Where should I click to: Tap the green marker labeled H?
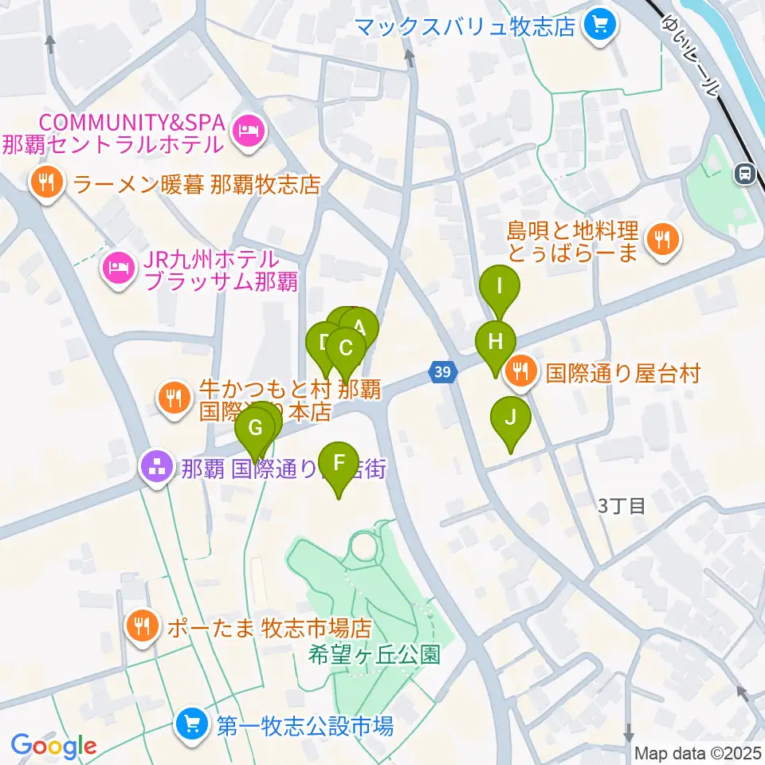(496, 343)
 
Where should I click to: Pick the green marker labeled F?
(339, 463)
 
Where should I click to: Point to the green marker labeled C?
(346, 349)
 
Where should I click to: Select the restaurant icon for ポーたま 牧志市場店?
(143, 626)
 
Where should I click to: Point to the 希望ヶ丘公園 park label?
(375, 655)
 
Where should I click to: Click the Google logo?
(53, 746)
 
